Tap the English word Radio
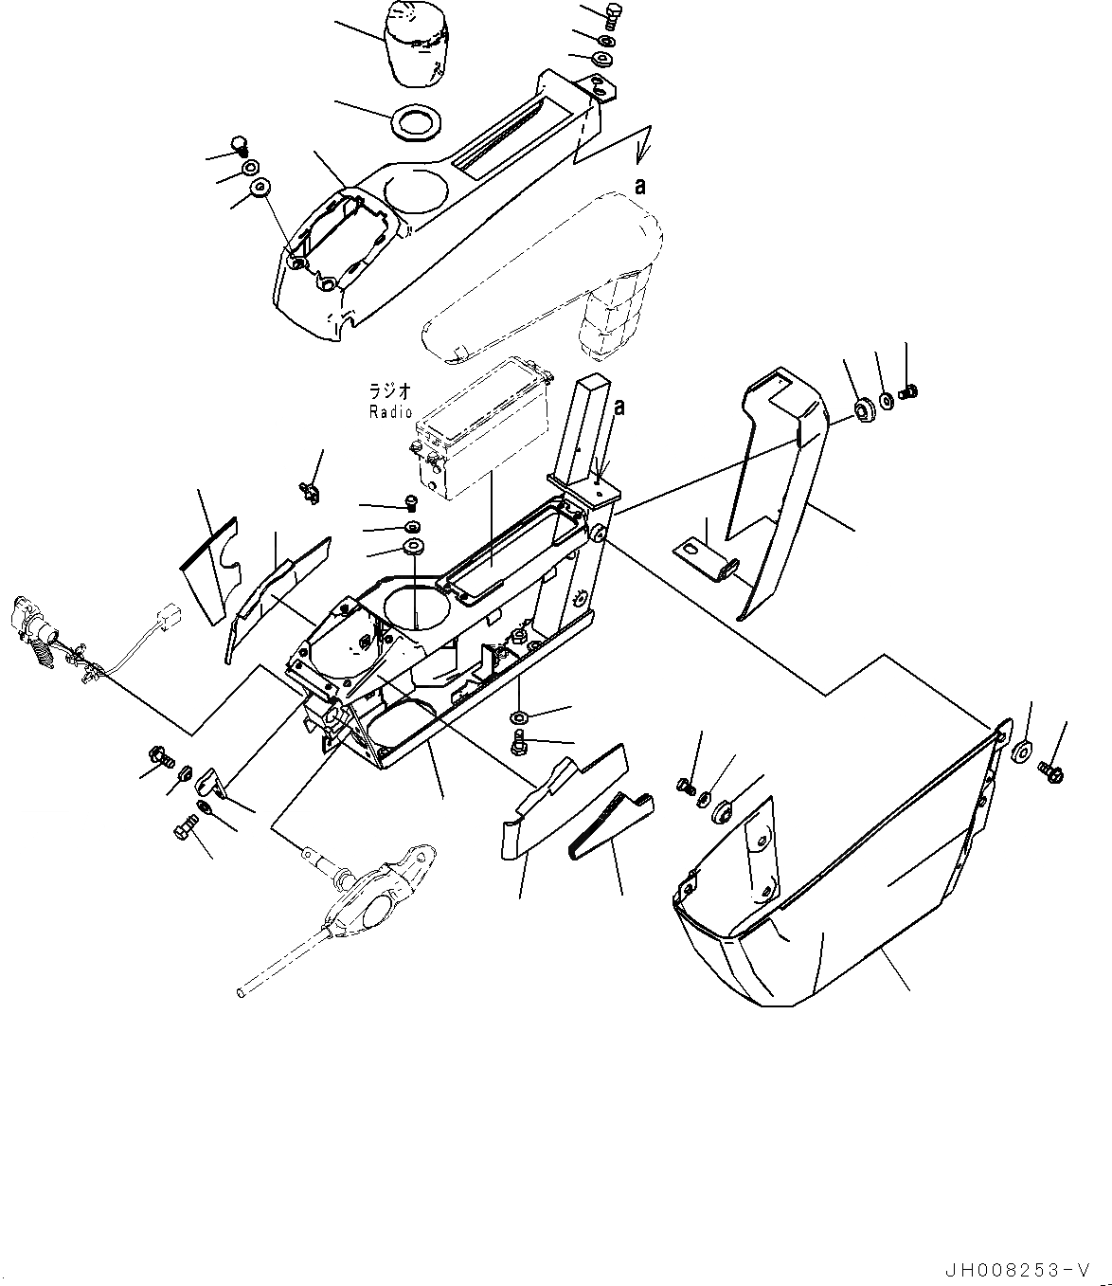(390, 411)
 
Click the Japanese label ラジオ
(390, 390)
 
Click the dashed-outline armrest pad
(549, 284)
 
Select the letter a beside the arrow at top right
(640, 187)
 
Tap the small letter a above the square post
(619, 408)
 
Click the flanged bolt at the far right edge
(1050, 772)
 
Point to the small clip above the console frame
(307, 489)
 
